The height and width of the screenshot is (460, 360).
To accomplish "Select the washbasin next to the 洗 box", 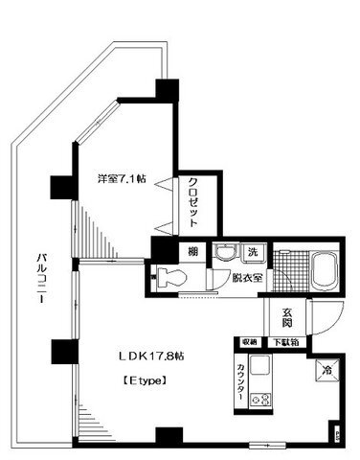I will [224, 254].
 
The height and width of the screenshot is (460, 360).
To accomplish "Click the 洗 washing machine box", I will [251, 253].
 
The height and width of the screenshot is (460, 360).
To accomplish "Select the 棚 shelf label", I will [191, 252].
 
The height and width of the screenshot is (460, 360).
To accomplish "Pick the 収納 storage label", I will [248, 341].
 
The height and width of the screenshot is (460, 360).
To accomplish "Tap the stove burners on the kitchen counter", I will [261, 401].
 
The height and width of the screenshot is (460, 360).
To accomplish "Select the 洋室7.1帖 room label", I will [121, 179].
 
